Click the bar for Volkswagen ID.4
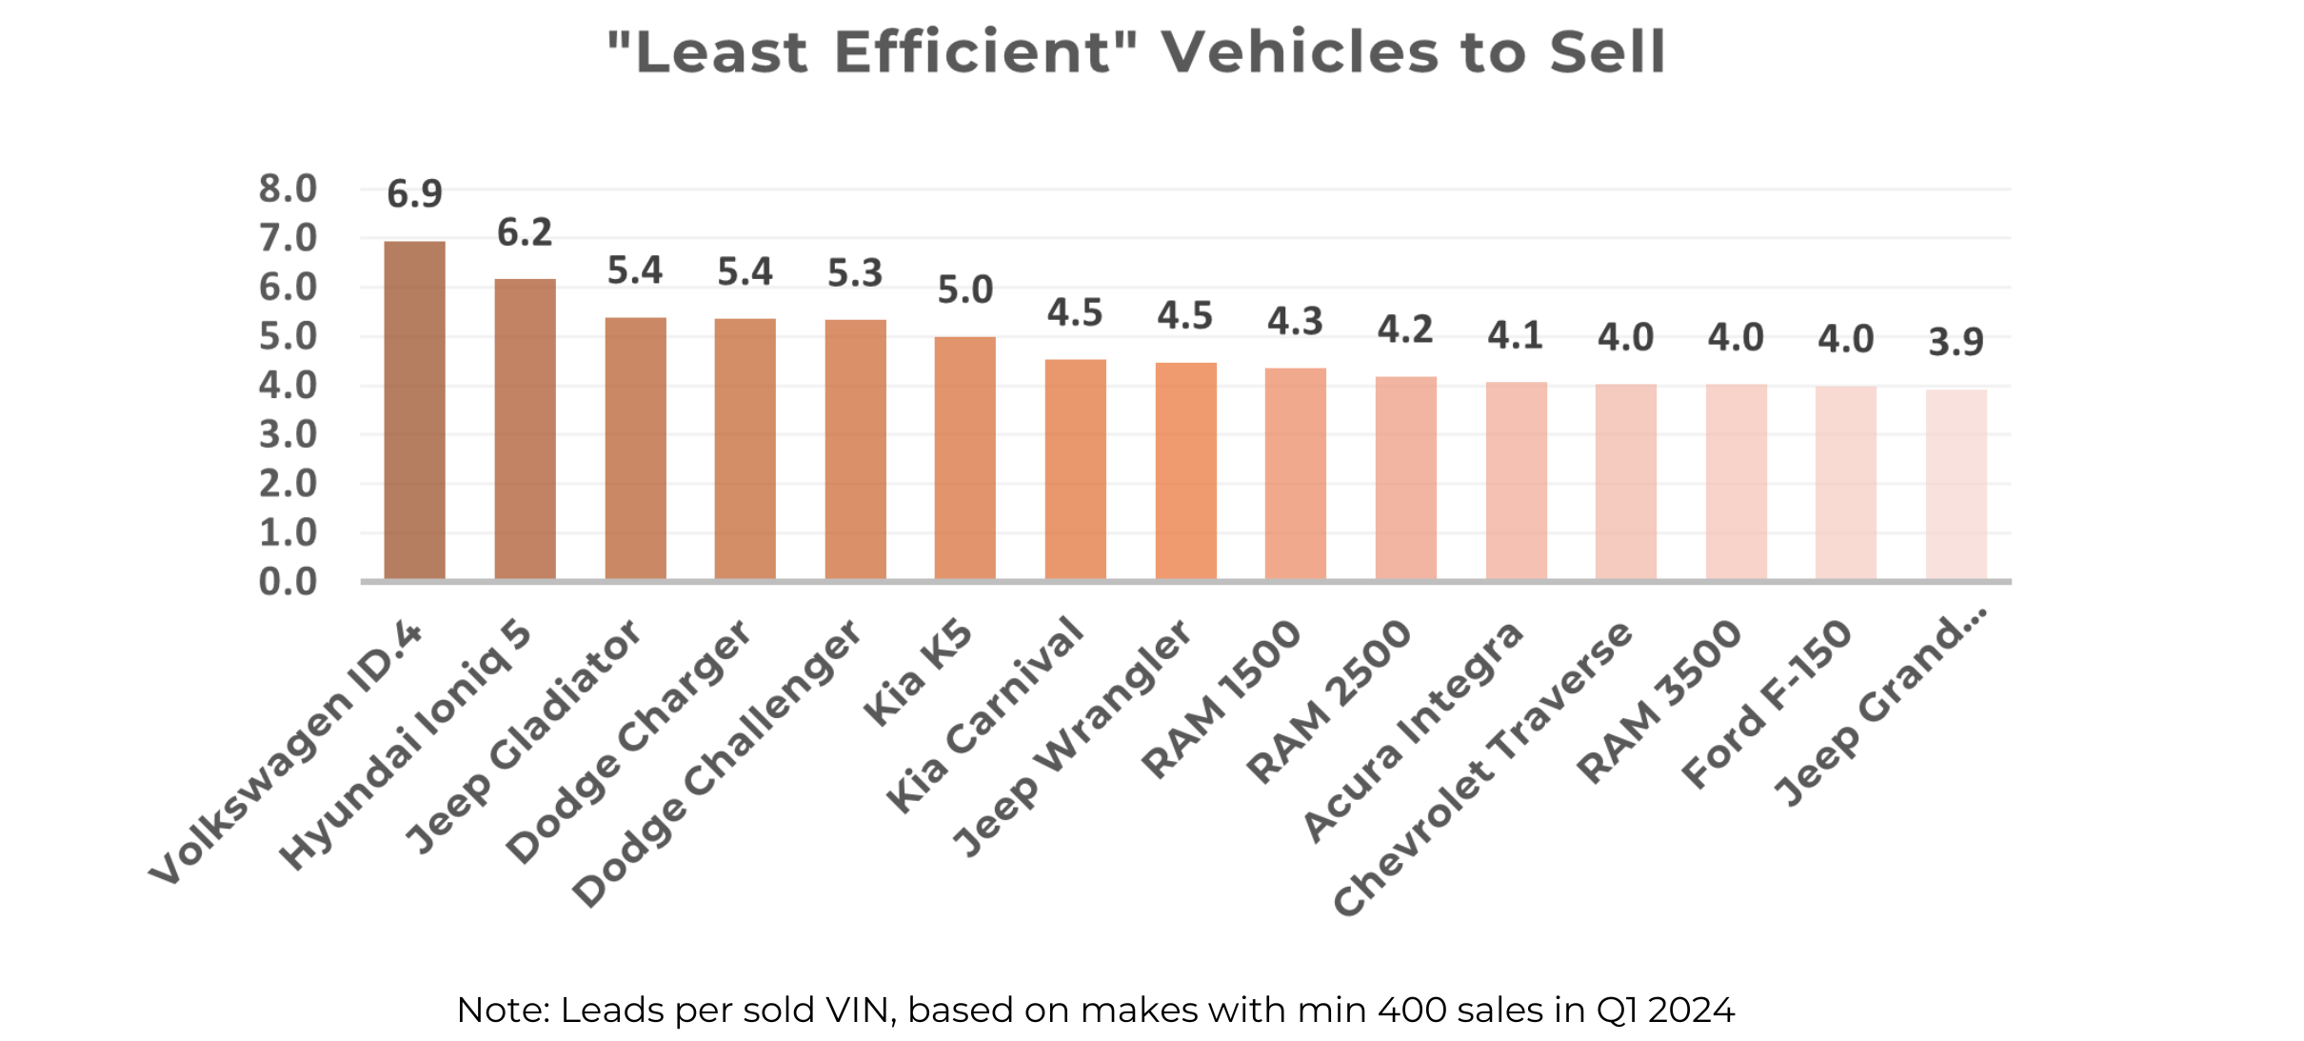414,410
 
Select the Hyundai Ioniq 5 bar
525,429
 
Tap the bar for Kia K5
964,457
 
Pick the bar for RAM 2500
1405,477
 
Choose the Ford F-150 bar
1845,482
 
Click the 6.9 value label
414,194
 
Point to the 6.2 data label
525,232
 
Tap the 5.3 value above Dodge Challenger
855,273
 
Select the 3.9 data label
1956,342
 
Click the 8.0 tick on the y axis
288,189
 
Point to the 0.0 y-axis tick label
288,581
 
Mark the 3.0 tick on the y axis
288,434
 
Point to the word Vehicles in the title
1299,51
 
